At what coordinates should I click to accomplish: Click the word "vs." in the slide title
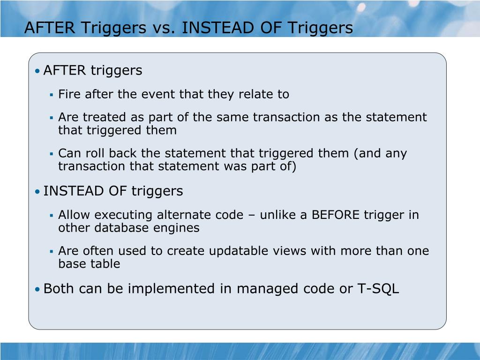pyautogui.click(x=164, y=28)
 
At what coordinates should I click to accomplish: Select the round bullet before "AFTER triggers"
pyautogui.click(x=37, y=71)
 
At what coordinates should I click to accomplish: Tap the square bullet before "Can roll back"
pyautogui.click(x=52, y=154)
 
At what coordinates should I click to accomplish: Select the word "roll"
pyautogui.click(x=92, y=153)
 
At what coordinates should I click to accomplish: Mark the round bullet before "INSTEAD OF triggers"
pyautogui.click(x=37, y=192)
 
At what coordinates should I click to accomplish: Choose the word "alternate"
pyautogui.click(x=181, y=215)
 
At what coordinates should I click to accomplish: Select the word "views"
pyautogui.click(x=282, y=251)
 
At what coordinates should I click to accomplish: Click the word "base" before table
pyautogui.click(x=69, y=264)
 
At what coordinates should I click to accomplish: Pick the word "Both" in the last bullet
pyautogui.click(x=59, y=289)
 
